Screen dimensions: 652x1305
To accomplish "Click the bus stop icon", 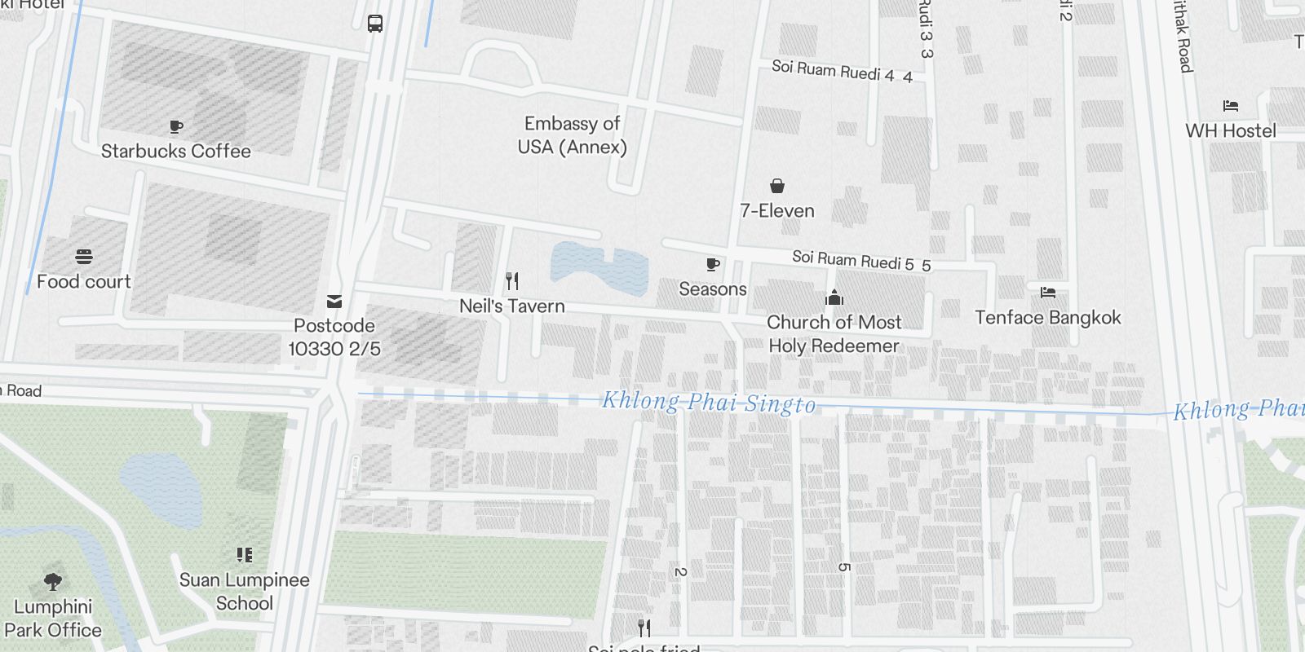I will click(x=375, y=24).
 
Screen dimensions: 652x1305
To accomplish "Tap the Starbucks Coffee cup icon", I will click(x=175, y=126).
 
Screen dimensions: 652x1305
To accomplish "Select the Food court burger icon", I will click(x=83, y=257).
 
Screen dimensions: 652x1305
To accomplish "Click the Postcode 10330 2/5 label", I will click(x=334, y=337).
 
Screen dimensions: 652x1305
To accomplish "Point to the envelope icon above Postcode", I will click(x=334, y=302).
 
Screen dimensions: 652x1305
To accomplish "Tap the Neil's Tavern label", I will click(x=511, y=306).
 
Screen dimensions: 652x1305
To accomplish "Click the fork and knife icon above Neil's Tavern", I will click(x=512, y=281).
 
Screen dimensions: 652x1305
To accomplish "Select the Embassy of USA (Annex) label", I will click(x=572, y=135).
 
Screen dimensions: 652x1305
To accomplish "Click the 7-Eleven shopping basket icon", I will click(x=777, y=187).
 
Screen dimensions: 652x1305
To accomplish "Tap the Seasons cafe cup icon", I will click(x=712, y=264).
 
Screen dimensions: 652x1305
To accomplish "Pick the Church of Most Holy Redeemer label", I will click(x=834, y=334).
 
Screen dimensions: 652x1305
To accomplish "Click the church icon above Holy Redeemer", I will click(x=834, y=297).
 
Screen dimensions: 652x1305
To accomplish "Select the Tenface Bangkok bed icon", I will click(x=1048, y=292).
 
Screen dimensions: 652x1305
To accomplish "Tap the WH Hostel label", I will click(x=1230, y=130).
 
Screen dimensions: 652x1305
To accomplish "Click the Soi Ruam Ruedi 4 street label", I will click(x=841, y=71).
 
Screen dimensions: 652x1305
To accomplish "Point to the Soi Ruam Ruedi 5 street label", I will click(x=860, y=260).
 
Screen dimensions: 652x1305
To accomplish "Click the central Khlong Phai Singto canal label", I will click(x=708, y=403).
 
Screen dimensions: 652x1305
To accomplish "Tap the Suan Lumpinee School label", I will click(x=244, y=592).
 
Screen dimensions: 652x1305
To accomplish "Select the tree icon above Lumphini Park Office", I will click(x=53, y=581).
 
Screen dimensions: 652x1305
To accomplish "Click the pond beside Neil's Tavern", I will click(x=599, y=267).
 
